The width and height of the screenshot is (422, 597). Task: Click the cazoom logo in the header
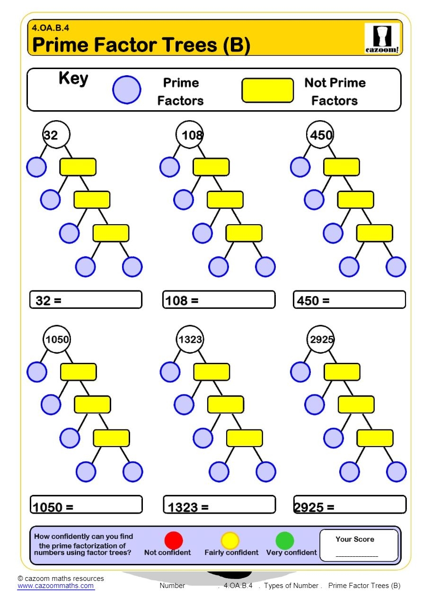point(382,38)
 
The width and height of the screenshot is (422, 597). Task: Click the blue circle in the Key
point(126,90)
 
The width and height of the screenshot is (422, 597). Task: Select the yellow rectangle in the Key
point(268,90)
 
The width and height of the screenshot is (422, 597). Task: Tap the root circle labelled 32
point(56,135)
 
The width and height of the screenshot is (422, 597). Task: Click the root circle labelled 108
point(190,135)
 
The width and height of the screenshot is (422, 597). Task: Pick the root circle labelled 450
point(320,135)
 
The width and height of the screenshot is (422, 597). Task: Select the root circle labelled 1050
point(57,339)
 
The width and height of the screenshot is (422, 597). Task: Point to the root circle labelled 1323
point(190,339)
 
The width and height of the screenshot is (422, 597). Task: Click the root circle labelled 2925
point(321,339)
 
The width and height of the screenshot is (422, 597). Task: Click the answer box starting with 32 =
point(86,300)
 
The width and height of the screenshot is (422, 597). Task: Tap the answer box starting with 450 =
point(349,300)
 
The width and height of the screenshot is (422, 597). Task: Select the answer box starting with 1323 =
point(219,505)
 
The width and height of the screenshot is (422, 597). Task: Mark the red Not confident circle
point(174,540)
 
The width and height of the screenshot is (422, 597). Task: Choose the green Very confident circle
point(285,540)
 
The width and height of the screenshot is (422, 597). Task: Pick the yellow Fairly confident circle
point(230,540)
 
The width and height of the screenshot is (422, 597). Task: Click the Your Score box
point(359,545)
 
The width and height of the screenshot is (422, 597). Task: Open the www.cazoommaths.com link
point(56,586)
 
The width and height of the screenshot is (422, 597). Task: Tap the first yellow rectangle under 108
point(211,167)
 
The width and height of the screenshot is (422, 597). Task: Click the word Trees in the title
point(189,45)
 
